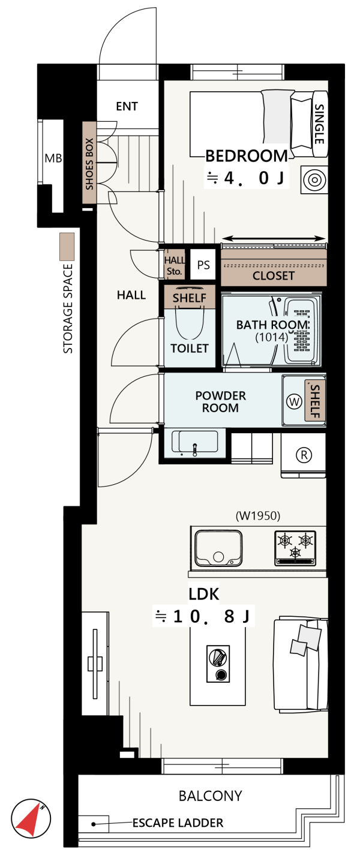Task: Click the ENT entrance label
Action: [127, 106]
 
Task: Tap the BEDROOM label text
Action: [246, 156]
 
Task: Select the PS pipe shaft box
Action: [203, 265]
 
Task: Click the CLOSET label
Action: [273, 275]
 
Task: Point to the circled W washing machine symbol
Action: [295, 402]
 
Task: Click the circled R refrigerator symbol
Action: [304, 455]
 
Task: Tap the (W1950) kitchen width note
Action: [258, 515]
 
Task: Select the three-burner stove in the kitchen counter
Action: [295, 548]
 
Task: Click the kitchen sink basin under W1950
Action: [218, 548]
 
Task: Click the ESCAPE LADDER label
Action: [178, 823]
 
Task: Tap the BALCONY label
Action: [211, 796]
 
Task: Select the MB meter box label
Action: [53, 158]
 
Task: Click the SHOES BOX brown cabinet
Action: [89, 163]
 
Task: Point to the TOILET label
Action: [190, 348]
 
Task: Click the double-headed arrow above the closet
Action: [274, 238]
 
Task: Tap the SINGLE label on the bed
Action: [319, 124]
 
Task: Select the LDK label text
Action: [203, 594]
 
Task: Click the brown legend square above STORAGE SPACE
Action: [67, 246]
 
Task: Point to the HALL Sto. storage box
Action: [174, 265]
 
